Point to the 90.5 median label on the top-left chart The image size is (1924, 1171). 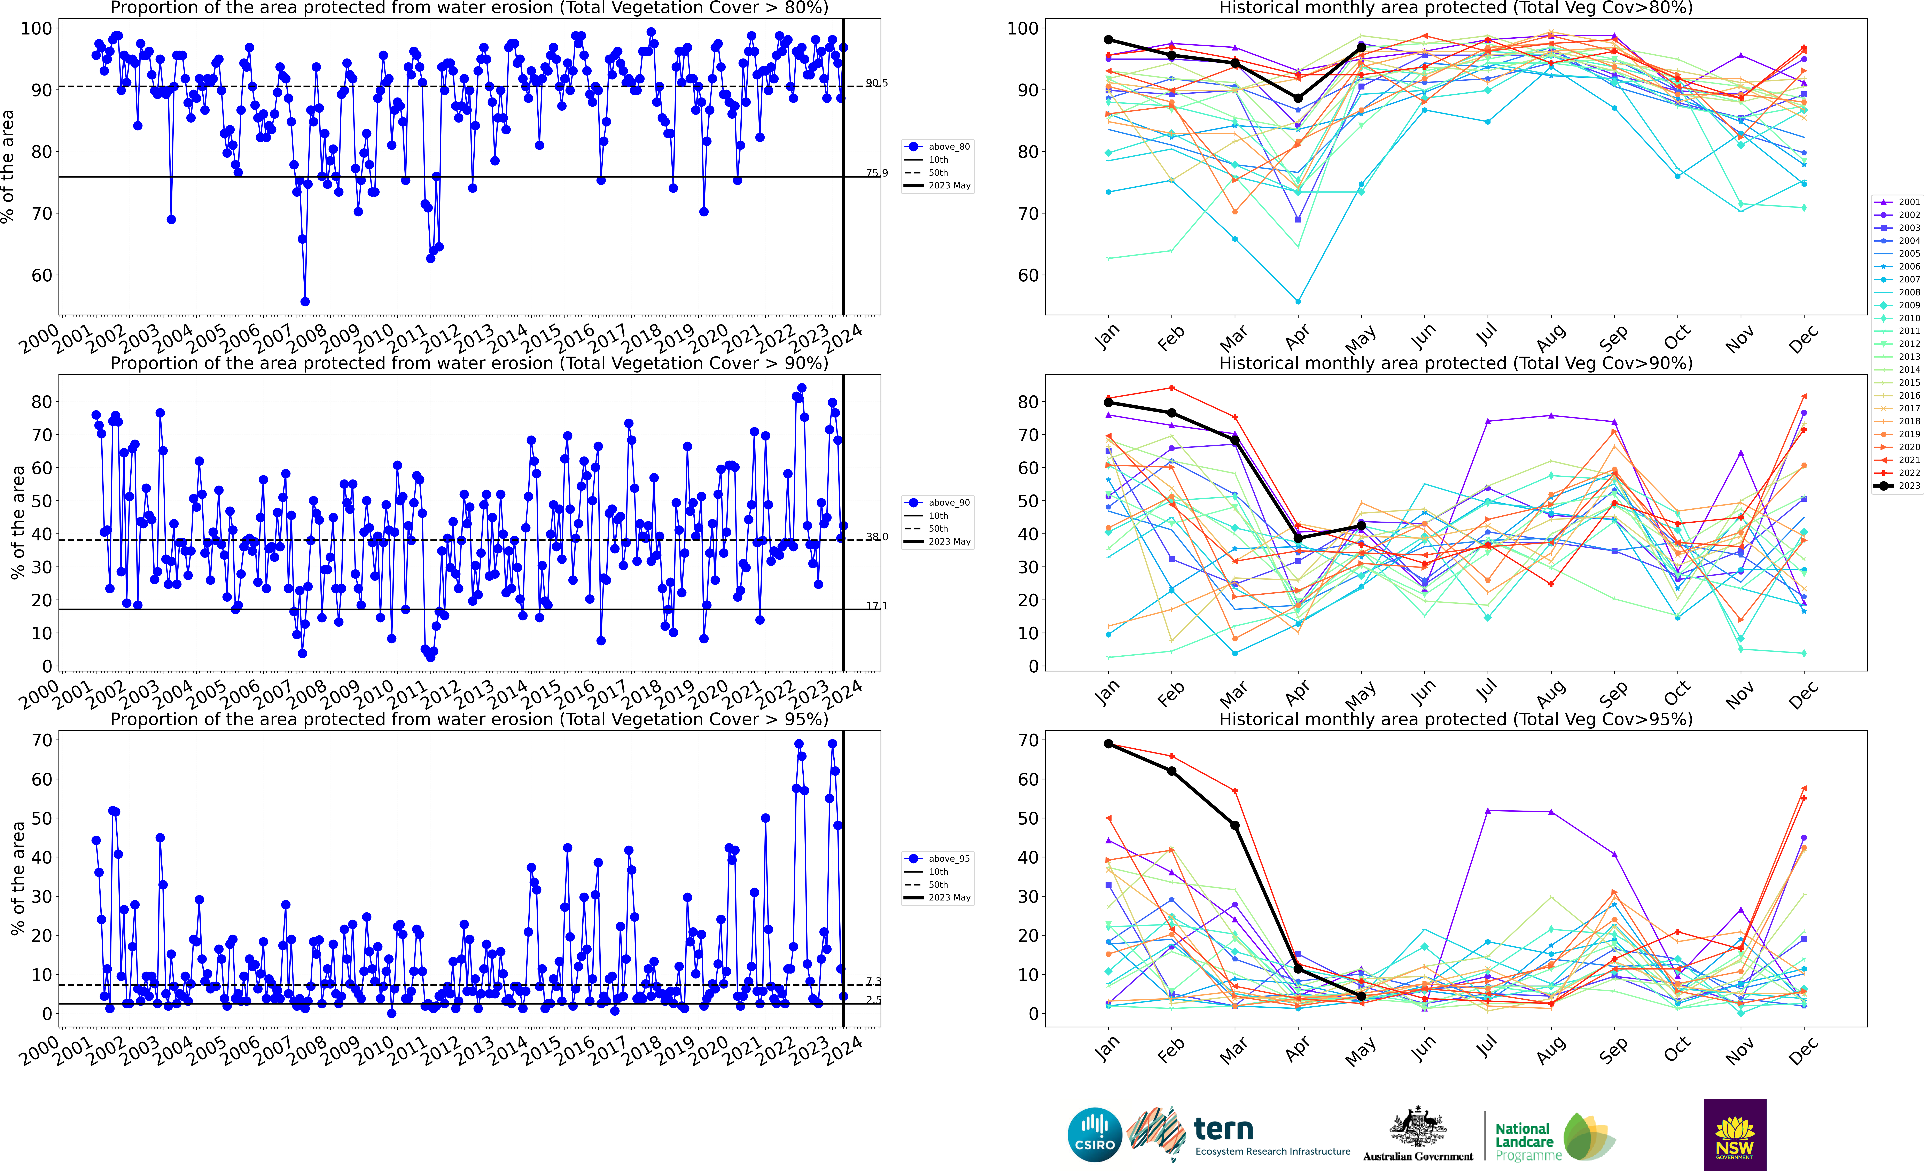coord(876,83)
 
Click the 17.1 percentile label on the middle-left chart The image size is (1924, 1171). coord(876,606)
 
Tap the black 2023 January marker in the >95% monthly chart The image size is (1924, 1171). coord(1108,744)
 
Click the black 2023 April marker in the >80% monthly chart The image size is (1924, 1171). coord(1298,98)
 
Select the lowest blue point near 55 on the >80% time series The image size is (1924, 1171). coord(305,301)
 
